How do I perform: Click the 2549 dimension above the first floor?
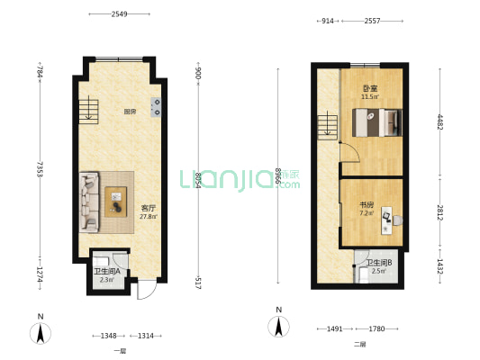[119, 14]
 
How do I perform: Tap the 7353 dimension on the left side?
[40, 169]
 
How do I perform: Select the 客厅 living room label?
[149, 208]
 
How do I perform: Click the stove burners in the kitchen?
[156, 107]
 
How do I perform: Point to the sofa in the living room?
[89, 202]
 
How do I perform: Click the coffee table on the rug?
[115, 202]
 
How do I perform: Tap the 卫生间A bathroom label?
[107, 271]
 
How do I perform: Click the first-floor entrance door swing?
[147, 289]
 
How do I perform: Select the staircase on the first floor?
[88, 112]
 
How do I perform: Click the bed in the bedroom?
[377, 122]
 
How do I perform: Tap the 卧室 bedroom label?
[370, 89]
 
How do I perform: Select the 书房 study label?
[367, 205]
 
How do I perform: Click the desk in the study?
[386, 220]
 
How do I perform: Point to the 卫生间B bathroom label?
[379, 263]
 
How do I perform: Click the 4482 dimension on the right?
[439, 121]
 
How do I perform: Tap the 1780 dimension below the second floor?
[376, 328]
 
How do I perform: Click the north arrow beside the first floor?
[41, 333]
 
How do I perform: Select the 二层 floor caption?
[360, 345]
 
